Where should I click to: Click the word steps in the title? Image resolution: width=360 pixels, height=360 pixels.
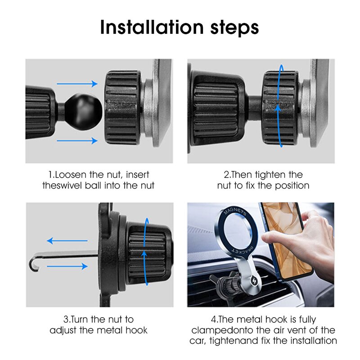click(x=230, y=28)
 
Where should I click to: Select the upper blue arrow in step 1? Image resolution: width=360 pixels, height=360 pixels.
click(x=77, y=83)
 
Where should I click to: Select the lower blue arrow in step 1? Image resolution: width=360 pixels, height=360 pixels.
click(x=77, y=141)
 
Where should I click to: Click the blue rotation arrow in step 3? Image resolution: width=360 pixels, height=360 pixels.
click(x=145, y=254)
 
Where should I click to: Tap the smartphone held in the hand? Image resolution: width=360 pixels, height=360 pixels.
click(x=285, y=238)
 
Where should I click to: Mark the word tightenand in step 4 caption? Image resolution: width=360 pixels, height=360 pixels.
click(x=229, y=341)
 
